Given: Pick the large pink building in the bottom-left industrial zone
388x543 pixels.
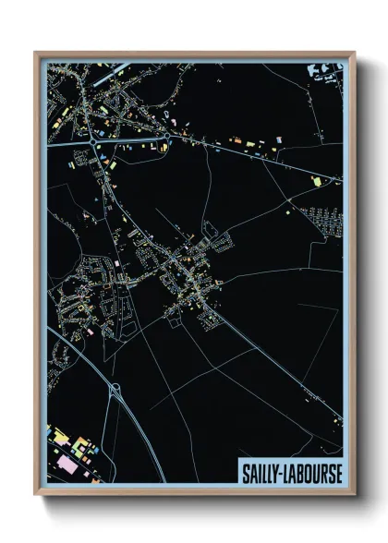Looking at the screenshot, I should tap(67, 459).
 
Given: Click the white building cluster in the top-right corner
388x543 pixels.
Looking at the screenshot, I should tap(328, 71).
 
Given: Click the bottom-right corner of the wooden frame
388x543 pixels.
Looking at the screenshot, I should tap(353, 493).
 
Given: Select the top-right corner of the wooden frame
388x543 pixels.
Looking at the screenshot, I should tap(353, 54).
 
